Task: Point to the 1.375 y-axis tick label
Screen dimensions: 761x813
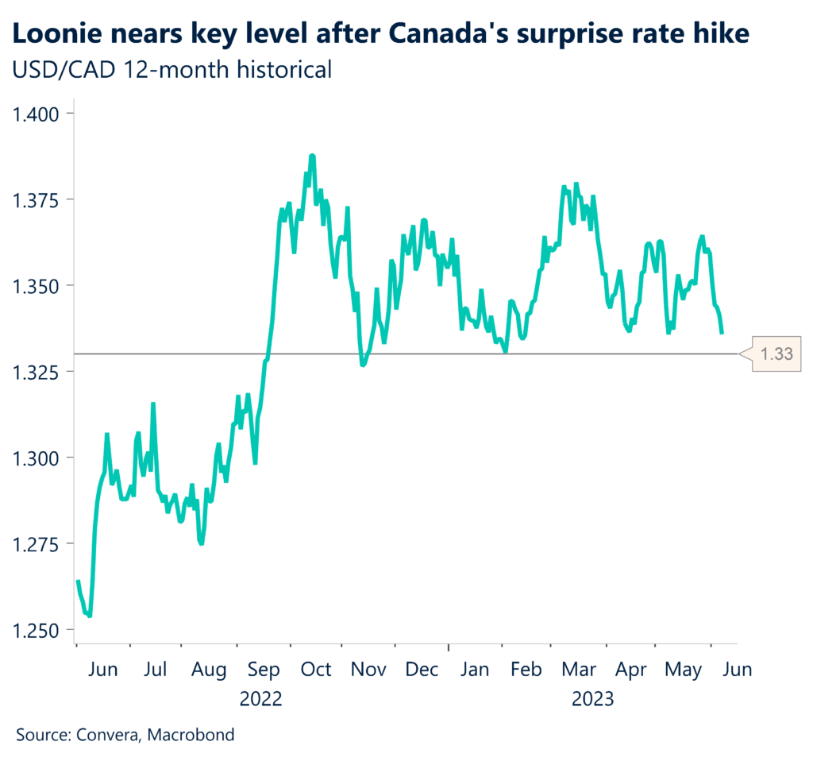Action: [37, 199]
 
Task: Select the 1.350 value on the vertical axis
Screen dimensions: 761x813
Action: [37, 285]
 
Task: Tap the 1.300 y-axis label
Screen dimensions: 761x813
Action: [37, 458]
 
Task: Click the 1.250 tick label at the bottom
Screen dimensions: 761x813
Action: [37, 630]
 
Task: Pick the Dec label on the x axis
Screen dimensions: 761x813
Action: [421, 670]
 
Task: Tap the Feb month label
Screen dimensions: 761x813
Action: [526, 670]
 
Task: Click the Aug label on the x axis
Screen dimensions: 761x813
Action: [210, 670]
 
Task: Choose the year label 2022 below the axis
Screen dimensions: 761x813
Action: [262, 699]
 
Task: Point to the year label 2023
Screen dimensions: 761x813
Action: [592, 699]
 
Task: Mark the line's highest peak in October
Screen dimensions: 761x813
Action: [312, 156]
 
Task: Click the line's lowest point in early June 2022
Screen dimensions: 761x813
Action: [90, 616]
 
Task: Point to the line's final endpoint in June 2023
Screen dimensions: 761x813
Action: [722, 334]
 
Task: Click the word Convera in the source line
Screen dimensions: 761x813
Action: [110, 735]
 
